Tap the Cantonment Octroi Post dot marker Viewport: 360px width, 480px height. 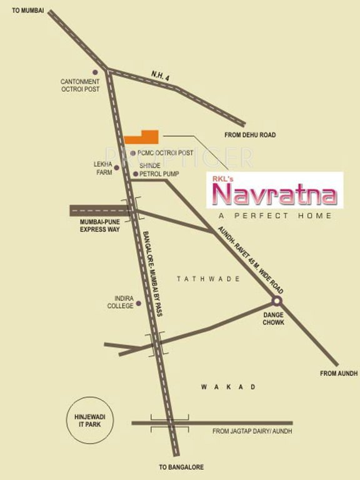pos(96,72)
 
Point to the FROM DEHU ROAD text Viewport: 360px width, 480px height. pos(250,135)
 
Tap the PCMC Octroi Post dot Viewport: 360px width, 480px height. pos(132,152)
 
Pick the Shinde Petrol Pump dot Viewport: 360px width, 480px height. pos(136,174)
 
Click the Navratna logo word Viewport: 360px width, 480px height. pos(275,195)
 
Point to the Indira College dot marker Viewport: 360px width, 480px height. pos(138,303)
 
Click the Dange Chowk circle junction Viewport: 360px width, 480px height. pos(277,300)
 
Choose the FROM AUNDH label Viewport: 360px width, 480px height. pos(338,373)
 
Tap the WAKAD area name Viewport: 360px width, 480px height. pos(228,387)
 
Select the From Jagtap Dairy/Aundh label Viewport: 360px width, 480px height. pos(252,431)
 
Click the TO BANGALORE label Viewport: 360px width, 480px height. pos(181,467)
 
